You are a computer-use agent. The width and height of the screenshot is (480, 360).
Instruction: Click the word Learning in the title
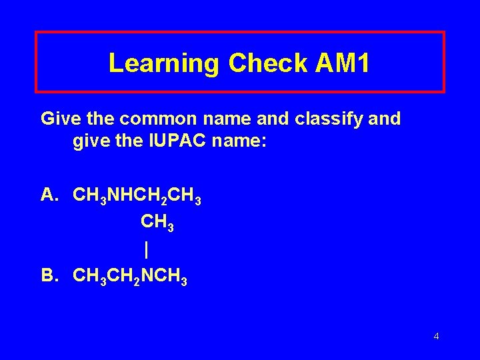click(x=164, y=63)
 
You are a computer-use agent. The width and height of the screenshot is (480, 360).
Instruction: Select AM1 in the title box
click(x=337, y=63)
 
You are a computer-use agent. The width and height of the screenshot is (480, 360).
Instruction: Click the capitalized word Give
click(x=59, y=119)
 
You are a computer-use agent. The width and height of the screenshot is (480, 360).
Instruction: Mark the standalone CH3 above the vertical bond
click(x=157, y=222)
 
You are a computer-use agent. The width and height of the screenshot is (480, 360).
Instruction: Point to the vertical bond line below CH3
click(x=146, y=249)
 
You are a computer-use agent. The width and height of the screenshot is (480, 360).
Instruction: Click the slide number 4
click(x=436, y=336)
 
